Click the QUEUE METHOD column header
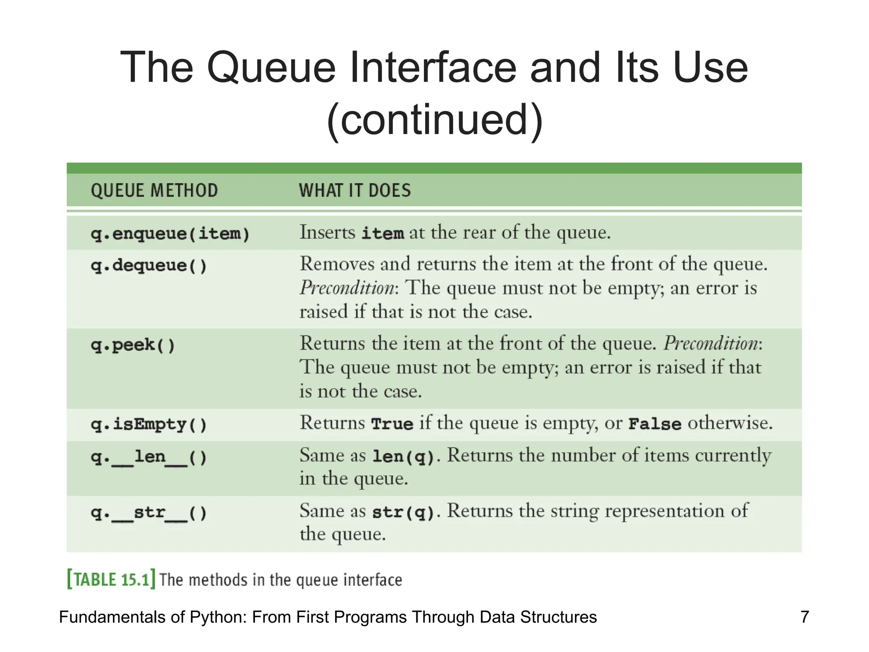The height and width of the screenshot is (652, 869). (154, 191)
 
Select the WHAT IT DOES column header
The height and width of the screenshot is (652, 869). (355, 191)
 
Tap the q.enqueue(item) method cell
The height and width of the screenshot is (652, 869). (170, 234)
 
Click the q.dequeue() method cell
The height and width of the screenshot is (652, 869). (149, 266)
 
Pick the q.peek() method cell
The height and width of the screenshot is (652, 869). (133, 345)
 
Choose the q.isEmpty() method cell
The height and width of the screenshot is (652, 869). (149, 424)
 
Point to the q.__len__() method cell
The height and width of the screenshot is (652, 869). (149, 457)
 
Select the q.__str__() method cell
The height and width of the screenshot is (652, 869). (149, 513)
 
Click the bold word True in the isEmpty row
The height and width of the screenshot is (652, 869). (392, 424)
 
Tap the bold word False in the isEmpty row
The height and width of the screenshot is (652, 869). (655, 424)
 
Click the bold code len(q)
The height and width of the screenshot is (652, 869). (404, 456)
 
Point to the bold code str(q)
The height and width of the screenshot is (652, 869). (404, 512)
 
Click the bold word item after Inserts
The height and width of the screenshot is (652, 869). (382, 233)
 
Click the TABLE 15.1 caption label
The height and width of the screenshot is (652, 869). (111, 579)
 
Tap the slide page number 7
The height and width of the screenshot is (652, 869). (805, 617)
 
